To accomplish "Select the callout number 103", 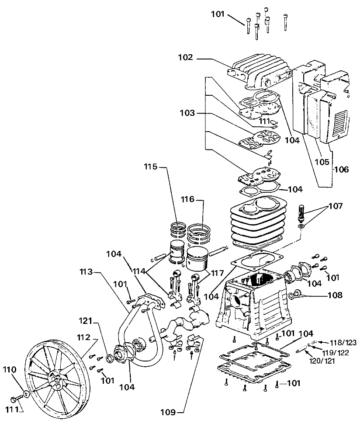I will pyautogui.click(x=187, y=113).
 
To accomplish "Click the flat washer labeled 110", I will pyautogui.click(x=27, y=394).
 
